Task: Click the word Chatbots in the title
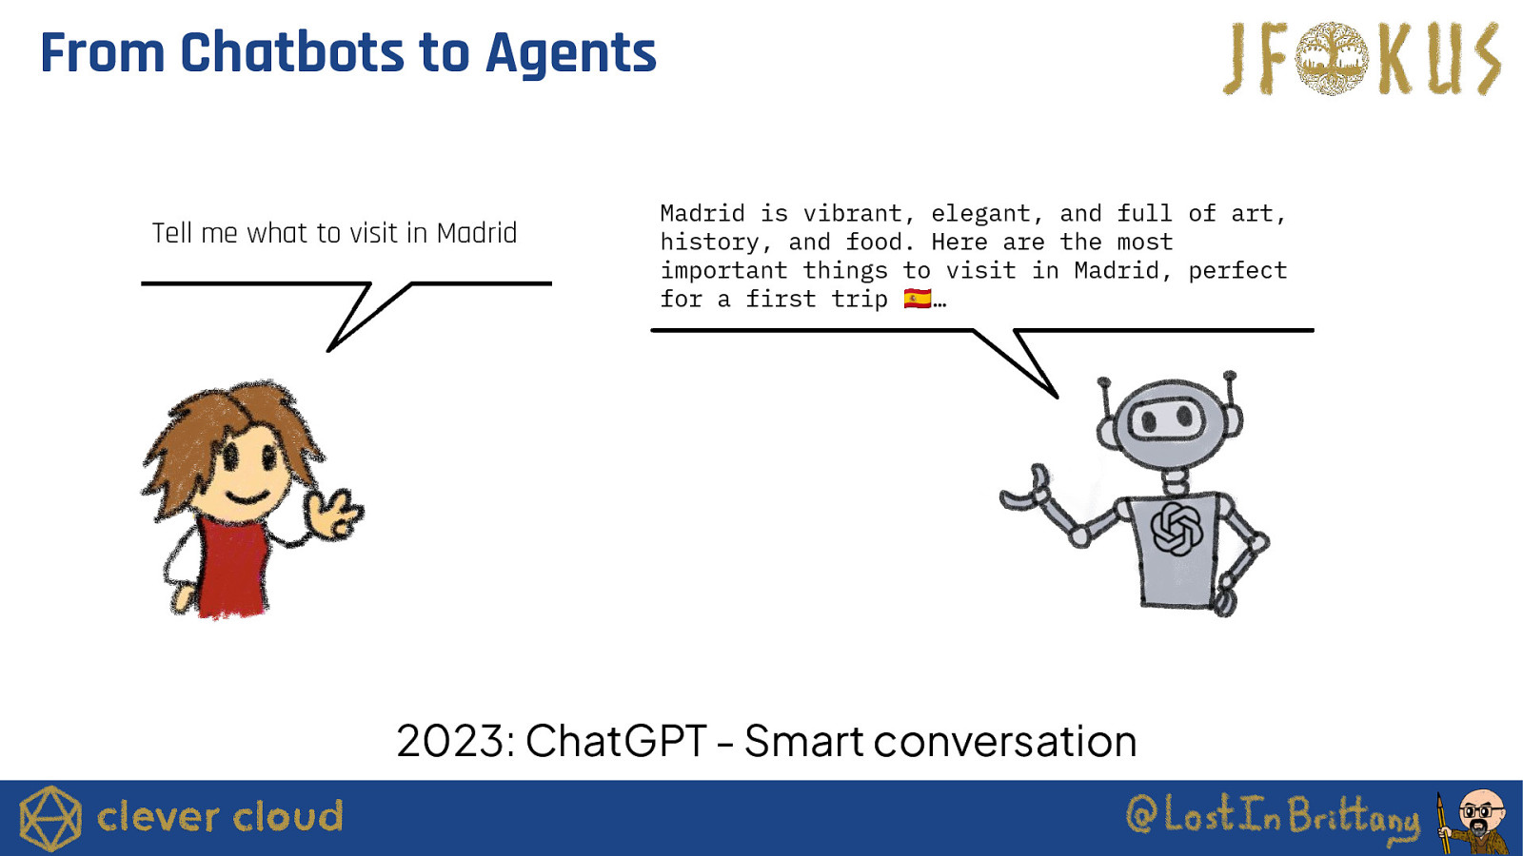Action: (292, 52)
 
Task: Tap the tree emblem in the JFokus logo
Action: (1332, 58)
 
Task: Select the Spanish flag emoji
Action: (918, 299)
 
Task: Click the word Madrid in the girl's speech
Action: (477, 233)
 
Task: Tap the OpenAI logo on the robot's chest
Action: (1177, 529)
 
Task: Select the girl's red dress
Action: (232, 567)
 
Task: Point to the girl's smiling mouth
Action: (247, 498)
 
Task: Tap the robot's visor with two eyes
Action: (1167, 417)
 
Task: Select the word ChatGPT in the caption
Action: (616, 741)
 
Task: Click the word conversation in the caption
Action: (1005, 741)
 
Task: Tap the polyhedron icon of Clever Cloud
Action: (49, 818)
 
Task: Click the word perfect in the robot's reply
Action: (1237, 271)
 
